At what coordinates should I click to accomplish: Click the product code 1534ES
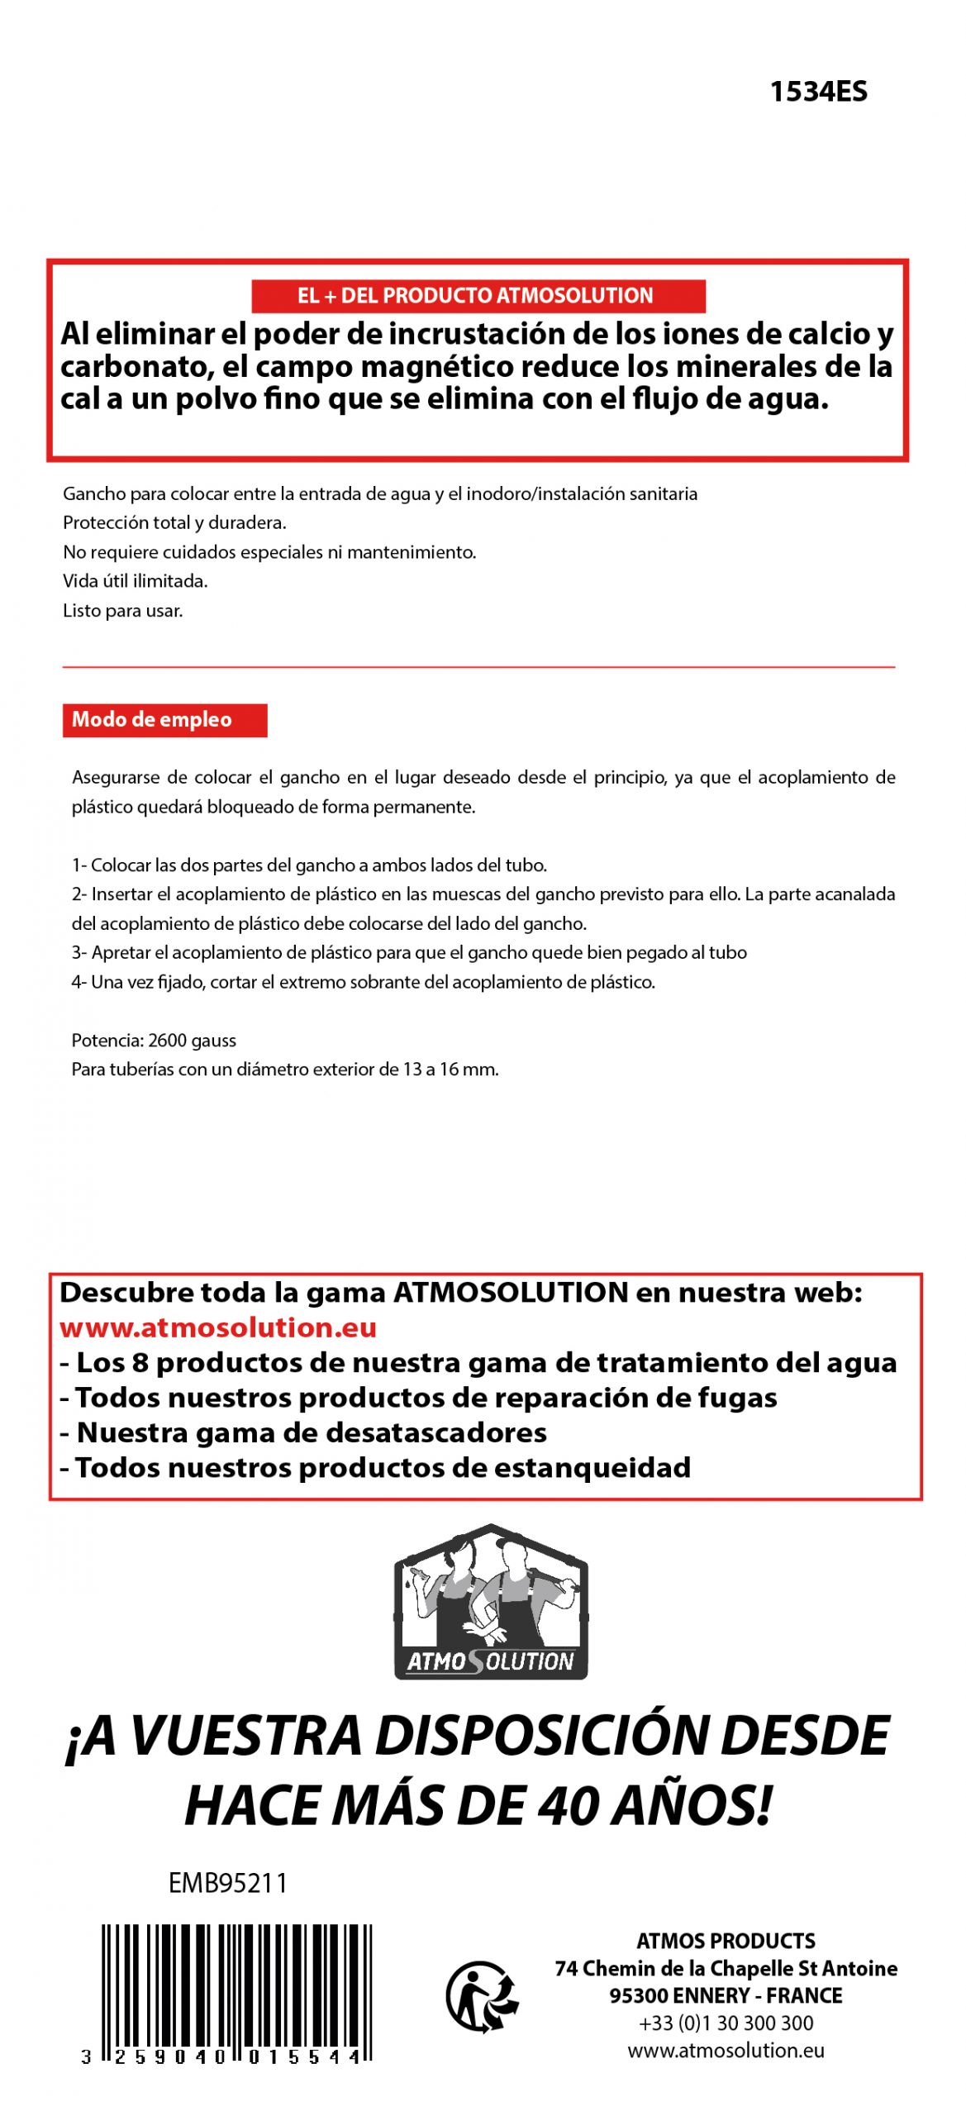818,92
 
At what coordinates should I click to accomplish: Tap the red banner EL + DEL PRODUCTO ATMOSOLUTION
478,296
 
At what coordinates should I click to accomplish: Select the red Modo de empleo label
164,719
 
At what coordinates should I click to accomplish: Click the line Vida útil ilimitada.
136,581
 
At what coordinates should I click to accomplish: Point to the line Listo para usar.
123,611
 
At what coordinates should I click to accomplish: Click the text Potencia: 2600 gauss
154,1040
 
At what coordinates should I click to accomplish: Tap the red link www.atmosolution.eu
218,1327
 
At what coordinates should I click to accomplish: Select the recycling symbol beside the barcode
483,1996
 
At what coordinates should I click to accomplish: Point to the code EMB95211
227,1883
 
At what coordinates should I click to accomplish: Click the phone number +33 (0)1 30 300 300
726,2023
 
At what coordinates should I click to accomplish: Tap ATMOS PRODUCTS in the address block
726,1941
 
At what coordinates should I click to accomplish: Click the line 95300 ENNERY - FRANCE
726,1995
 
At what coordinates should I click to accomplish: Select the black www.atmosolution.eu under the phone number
726,2050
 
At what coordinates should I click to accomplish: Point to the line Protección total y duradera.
174,522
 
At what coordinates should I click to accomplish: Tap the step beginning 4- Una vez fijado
364,982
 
